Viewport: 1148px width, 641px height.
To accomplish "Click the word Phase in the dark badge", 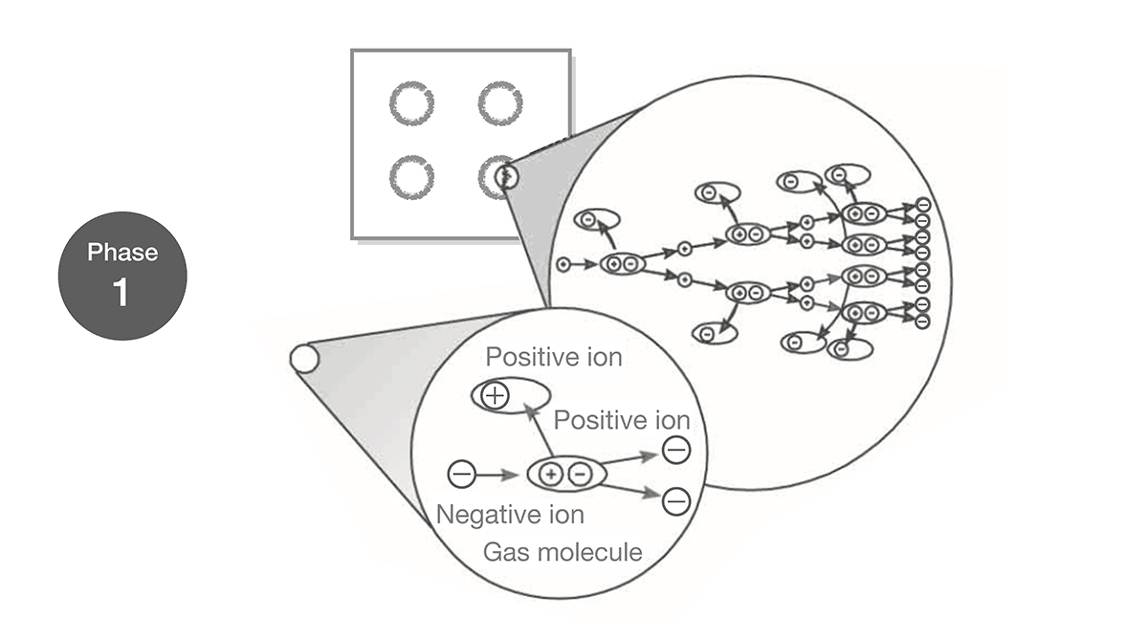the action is click(x=122, y=253).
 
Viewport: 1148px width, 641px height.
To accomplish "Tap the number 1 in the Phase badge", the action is click(x=121, y=292).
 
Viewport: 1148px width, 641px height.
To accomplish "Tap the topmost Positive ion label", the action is click(x=554, y=357).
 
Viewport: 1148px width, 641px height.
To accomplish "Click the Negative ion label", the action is click(x=510, y=515).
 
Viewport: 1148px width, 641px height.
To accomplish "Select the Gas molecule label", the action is click(x=563, y=552).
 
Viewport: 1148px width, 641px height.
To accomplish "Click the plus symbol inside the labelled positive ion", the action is click(x=496, y=395).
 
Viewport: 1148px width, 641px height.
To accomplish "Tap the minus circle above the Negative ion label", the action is click(x=461, y=474).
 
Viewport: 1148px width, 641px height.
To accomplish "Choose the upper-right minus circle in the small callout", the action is click(x=676, y=450).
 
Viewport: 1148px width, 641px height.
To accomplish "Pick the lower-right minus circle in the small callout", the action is click(x=676, y=501).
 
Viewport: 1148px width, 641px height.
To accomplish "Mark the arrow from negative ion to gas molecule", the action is click(x=497, y=475).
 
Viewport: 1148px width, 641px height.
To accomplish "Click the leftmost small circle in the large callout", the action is click(x=563, y=264).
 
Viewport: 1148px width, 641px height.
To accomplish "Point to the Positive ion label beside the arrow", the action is click(x=622, y=420).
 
